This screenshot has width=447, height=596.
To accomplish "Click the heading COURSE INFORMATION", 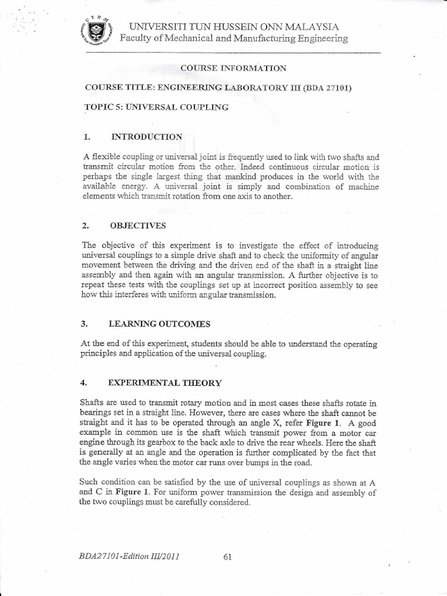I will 233,68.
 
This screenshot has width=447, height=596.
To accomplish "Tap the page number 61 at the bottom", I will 228,556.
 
